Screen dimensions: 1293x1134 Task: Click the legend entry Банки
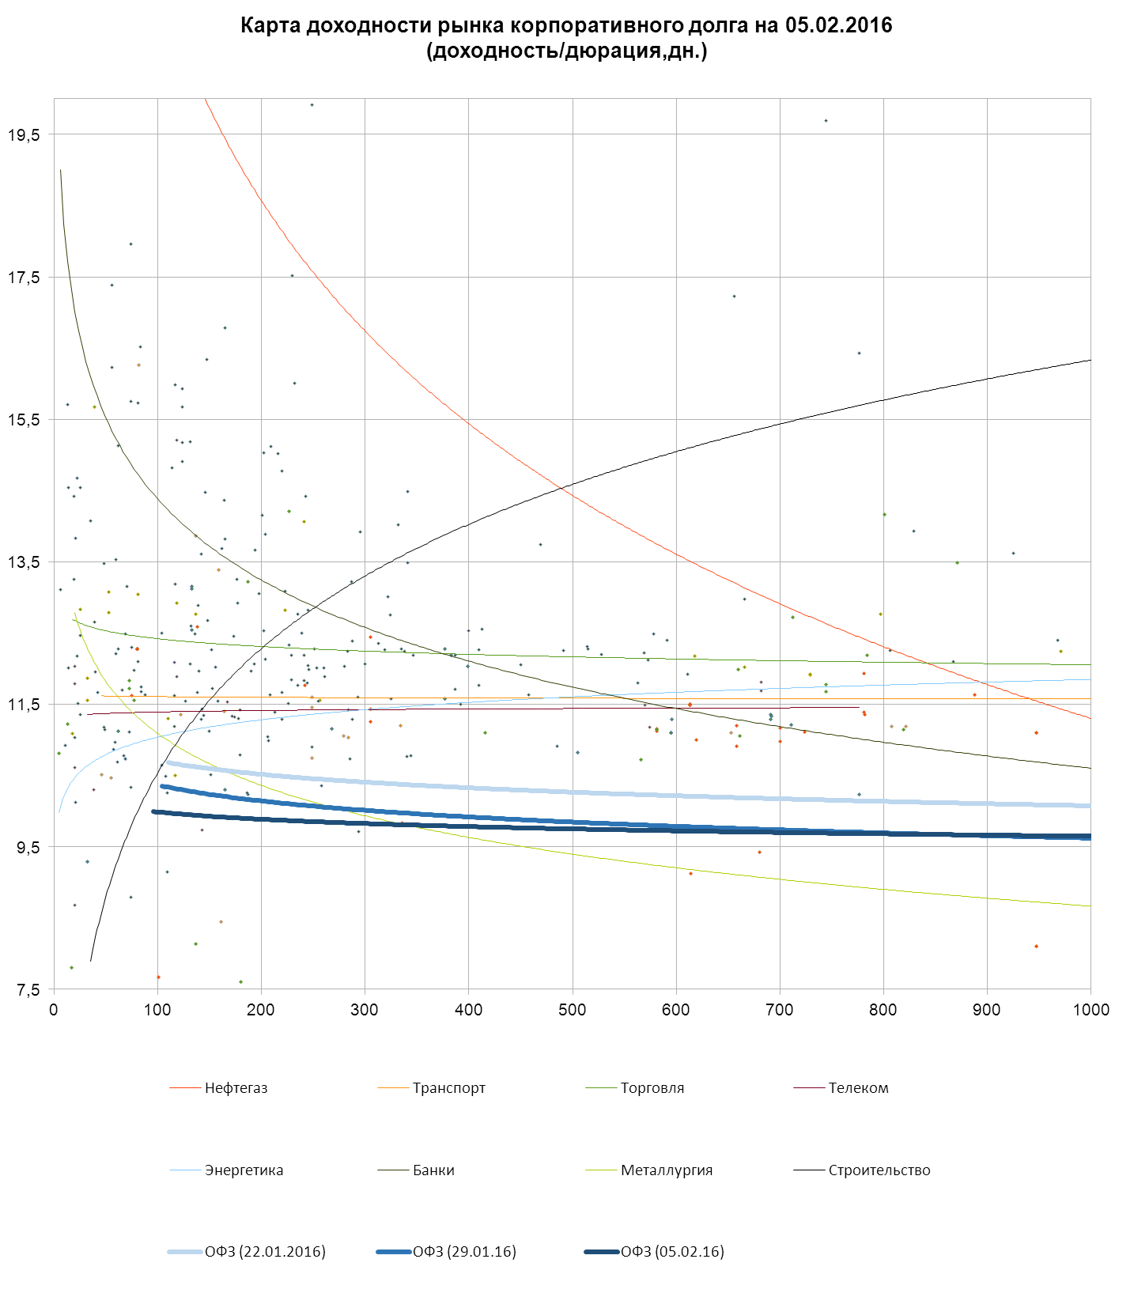pyautogui.click(x=433, y=1170)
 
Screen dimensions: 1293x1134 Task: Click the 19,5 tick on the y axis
pyautogui.click(x=24, y=135)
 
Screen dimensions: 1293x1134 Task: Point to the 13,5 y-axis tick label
pyautogui.click(x=24, y=562)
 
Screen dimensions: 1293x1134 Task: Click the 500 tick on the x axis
pyautogui.click(x=573, y=1010)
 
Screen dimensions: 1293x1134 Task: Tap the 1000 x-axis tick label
pyautogui.click(x=1091, y=1010)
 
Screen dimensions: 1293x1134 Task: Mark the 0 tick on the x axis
pyautogui.click(x=54, y=1010)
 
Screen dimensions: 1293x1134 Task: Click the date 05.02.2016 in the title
pyautogui.click(x=838, y=25)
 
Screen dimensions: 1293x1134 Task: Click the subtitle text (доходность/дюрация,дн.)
pyautogui.click(x=566, y=51)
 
